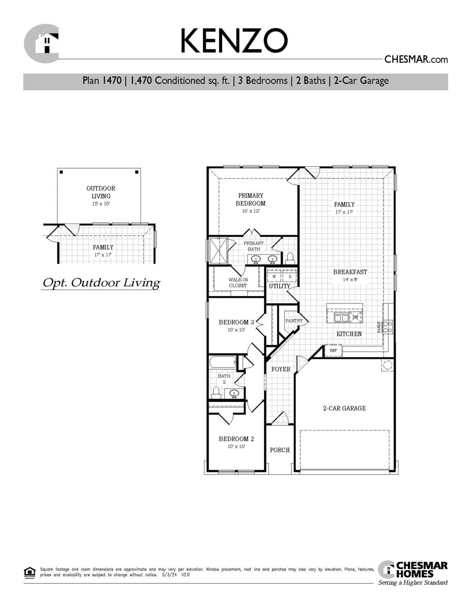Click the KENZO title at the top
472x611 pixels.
234,41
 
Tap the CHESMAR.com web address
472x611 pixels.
416,60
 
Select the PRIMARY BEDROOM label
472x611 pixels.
251,199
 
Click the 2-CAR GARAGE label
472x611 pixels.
344,408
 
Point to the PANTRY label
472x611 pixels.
293,321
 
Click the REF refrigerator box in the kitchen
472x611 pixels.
333,350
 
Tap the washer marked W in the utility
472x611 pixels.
274,276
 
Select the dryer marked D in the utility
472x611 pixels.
290,276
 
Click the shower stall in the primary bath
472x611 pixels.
218,250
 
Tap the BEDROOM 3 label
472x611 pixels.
236,322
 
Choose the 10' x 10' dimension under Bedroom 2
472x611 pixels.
236,446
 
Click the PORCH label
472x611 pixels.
280,450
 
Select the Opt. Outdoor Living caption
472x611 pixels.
101,283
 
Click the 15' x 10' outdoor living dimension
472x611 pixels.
101,204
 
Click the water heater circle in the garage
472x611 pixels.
387,365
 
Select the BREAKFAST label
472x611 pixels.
350,272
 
